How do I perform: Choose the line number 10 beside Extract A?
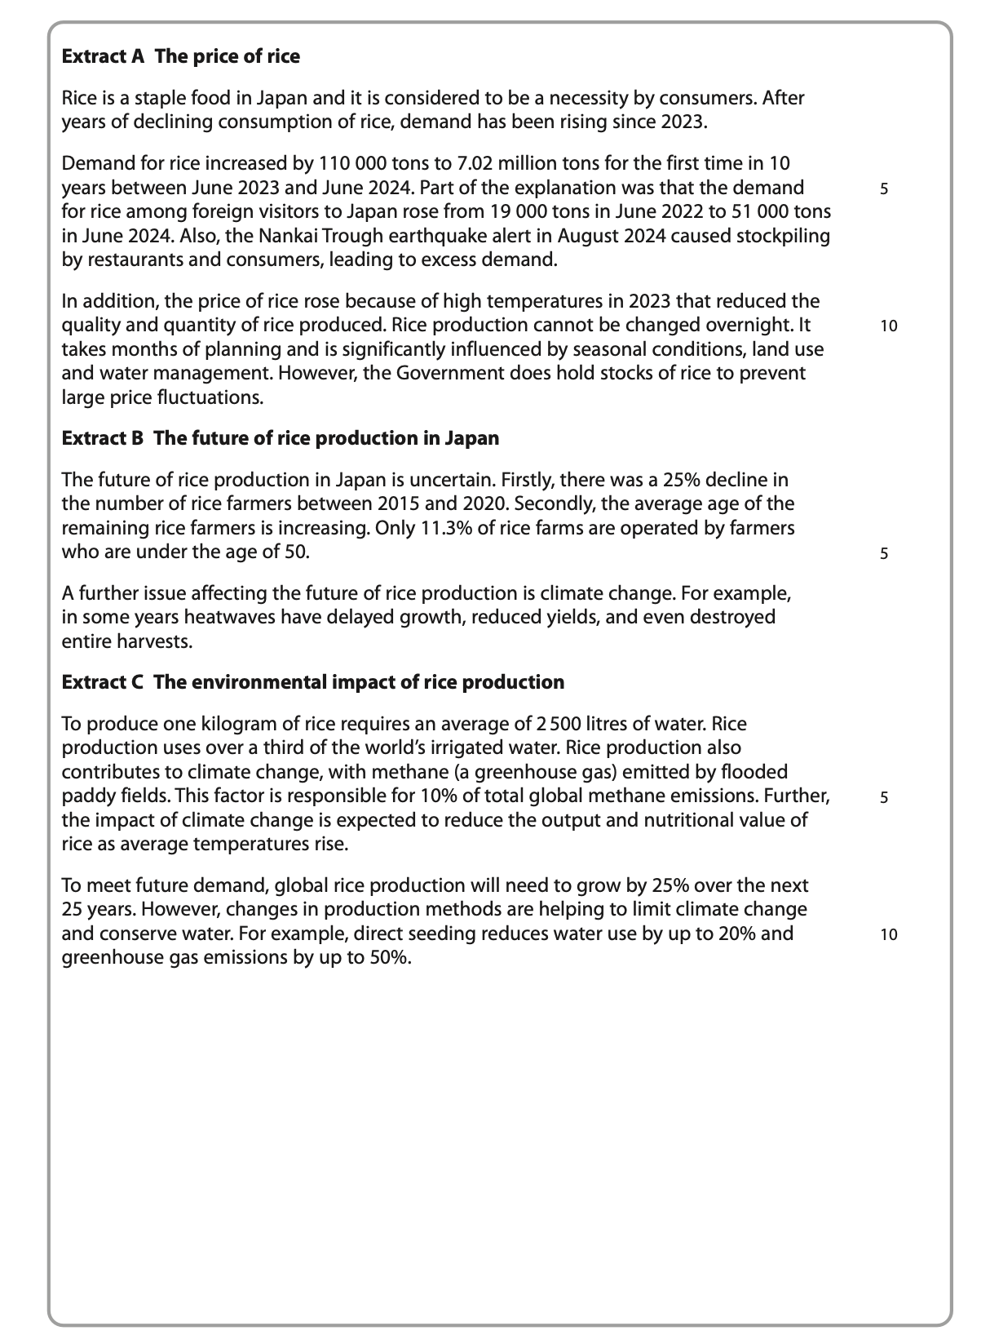[x=888, y=326]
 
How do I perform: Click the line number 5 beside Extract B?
[x=884, y=554]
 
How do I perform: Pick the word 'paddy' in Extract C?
[x=85, y=796]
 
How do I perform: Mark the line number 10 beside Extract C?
[x=888, y=935]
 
